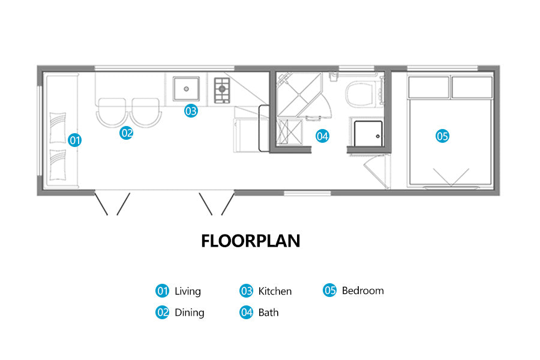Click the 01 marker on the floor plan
point(74,140)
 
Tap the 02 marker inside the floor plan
point(127,133)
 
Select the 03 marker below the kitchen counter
point(191,110)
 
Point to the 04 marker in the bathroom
point(322,136)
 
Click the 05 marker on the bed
point(442,136)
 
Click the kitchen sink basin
point(186,89)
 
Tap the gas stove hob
point(222,90)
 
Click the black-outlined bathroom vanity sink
point(368,133)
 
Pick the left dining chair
point(112,112)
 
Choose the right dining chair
point(146,112)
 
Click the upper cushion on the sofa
point(58,127)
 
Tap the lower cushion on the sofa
point(58,164)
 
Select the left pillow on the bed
point(429,87)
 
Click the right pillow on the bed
point(472,87)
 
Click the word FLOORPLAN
point(250,241)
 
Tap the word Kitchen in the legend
point(275,291)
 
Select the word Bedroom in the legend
point(362,290)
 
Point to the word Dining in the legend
point(190,313)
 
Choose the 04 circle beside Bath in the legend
point(246,313)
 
